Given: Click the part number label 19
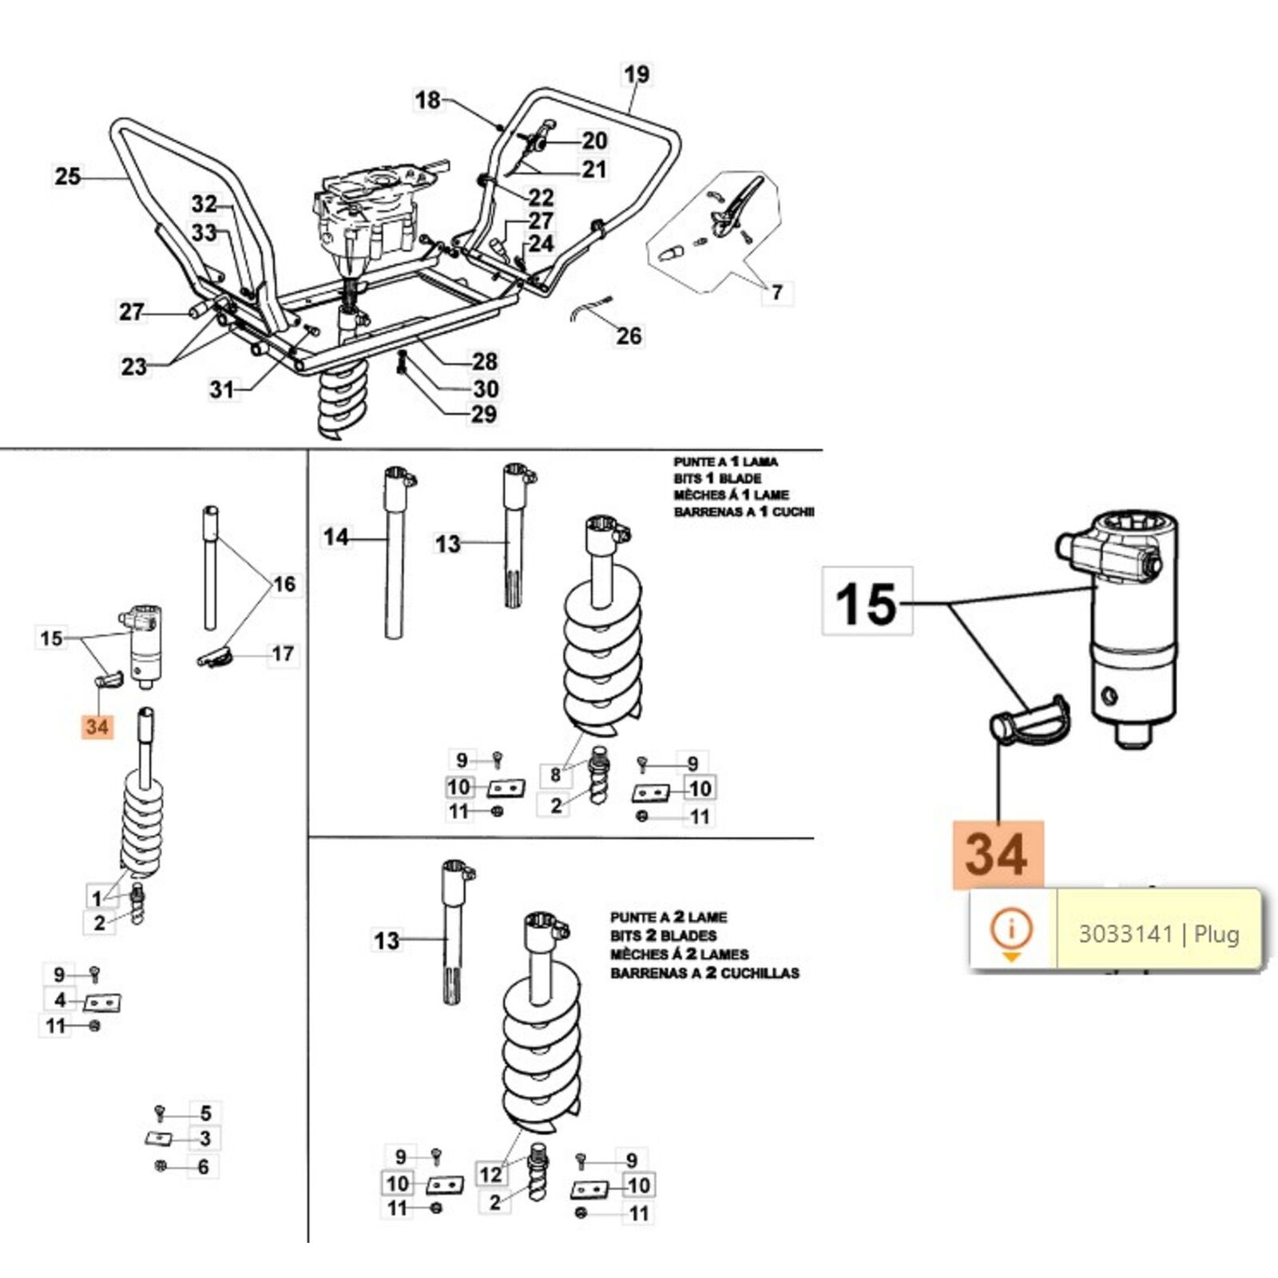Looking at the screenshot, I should [637, 74].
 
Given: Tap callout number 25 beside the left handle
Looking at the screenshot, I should [68, 177].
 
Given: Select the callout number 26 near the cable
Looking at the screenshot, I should [629, 336].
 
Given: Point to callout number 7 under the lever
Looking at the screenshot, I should [776, 292].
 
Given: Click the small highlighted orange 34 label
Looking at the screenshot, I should [97, 727].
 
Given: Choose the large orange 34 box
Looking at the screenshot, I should [997, 854].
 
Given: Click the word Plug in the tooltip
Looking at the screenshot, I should [1216, 934].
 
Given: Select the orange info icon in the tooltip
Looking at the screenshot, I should [1011, 931].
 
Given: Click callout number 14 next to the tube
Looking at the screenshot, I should [335, 537].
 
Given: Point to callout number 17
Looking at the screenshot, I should [283, 654].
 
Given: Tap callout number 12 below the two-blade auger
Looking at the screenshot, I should [490, 1173].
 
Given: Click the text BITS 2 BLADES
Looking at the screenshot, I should [663, 935].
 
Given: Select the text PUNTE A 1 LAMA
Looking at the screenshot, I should [724, 462].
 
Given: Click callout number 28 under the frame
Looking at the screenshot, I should [484, 362].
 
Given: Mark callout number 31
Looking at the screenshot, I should [221, 390].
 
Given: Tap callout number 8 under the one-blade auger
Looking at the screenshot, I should [555, 774].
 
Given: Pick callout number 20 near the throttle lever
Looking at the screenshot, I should [594, 141].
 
